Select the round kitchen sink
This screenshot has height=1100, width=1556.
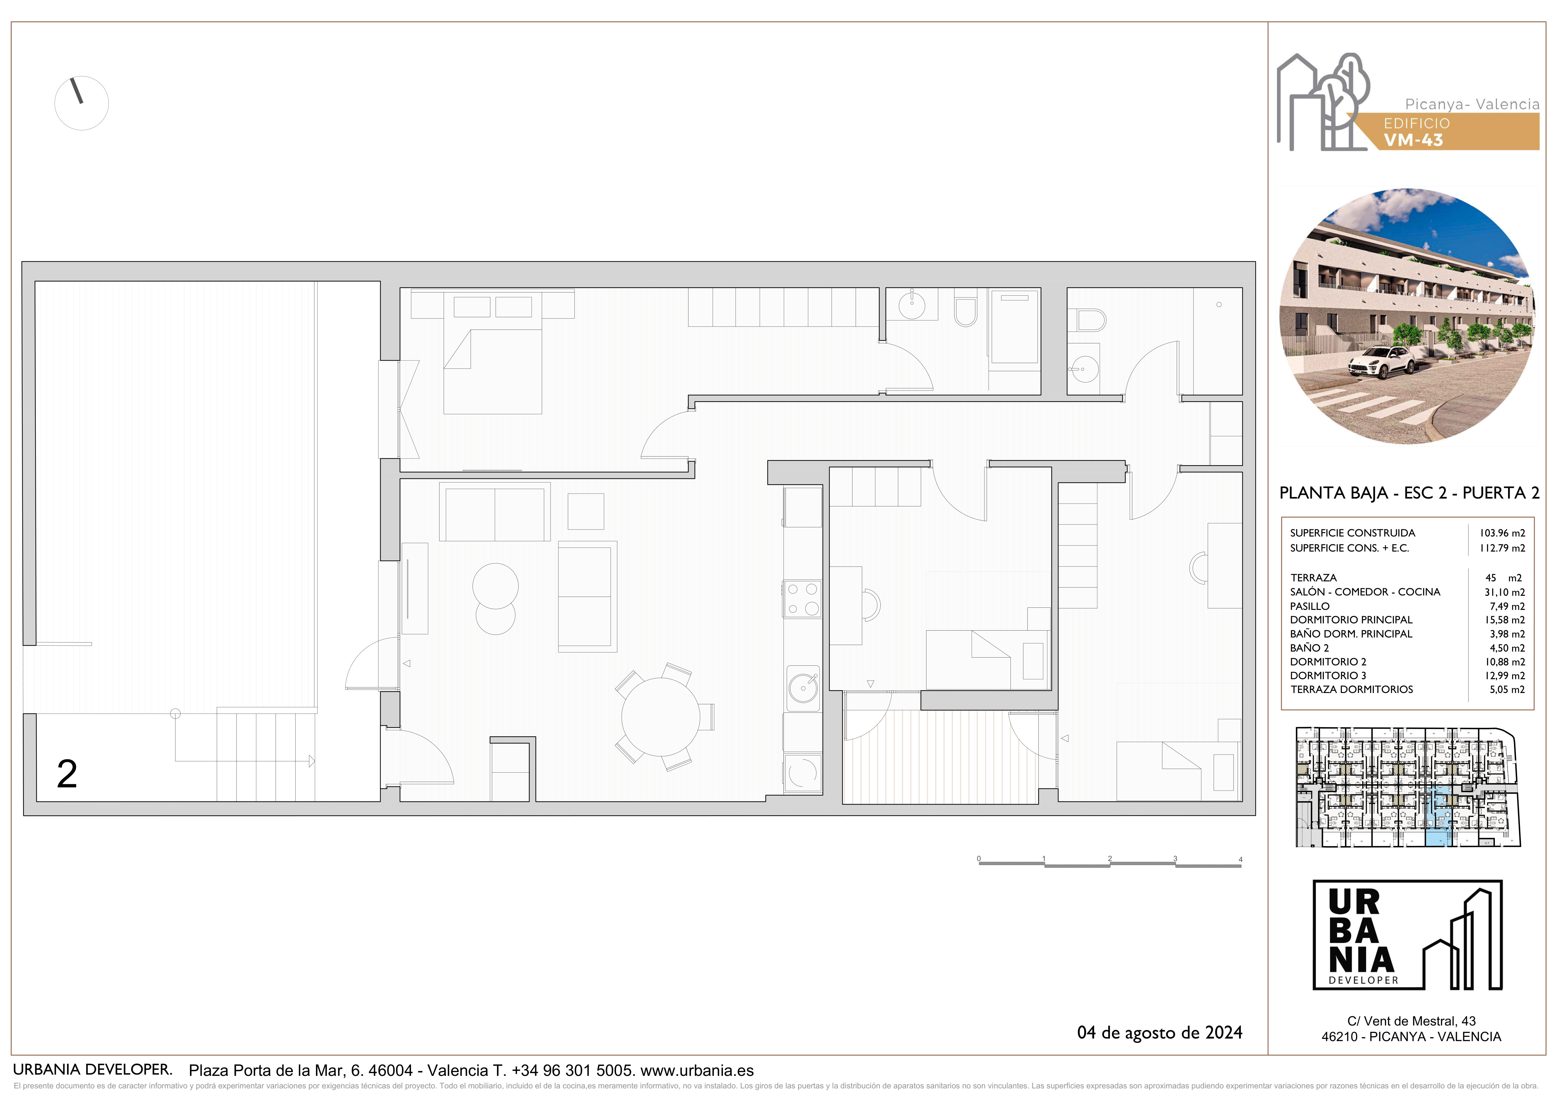click(x=803, y=689)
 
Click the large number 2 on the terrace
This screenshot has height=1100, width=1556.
click(x=67, y=774)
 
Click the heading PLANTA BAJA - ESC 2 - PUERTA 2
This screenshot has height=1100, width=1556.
click(x=1409, y=493)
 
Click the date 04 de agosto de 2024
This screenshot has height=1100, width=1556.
click(x=1159, y=1032)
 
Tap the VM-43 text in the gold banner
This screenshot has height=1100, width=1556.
click(x=1413, y=140)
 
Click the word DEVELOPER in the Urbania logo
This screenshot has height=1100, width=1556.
click(x=1363, y=980)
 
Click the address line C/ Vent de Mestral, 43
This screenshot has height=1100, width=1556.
click(x=1411, y=1021)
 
